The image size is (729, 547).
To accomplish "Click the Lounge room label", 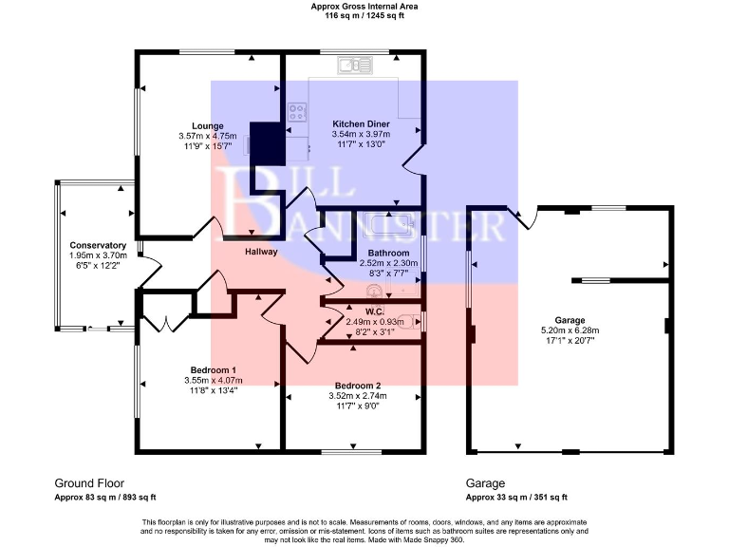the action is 207,126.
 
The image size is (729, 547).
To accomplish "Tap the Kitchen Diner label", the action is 361,124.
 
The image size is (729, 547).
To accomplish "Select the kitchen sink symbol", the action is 355,66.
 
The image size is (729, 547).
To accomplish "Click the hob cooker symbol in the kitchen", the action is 297,112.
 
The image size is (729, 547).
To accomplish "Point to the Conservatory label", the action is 98,245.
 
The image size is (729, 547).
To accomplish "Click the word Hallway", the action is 261,252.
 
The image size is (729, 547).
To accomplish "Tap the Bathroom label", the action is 388,253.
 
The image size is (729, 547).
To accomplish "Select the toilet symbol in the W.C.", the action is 407,321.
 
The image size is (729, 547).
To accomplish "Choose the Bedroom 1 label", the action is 214,370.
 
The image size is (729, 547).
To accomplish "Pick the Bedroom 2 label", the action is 358,386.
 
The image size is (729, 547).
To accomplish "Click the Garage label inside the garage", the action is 570,320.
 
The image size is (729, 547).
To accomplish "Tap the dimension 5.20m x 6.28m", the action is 570,330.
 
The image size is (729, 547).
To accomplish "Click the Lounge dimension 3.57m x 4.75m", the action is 207,136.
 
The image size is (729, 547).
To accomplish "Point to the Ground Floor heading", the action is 89,483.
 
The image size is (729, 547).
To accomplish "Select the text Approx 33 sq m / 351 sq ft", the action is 516,498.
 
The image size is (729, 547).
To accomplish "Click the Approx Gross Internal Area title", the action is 364,7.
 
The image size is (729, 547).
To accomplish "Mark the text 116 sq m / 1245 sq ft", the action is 364,15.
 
